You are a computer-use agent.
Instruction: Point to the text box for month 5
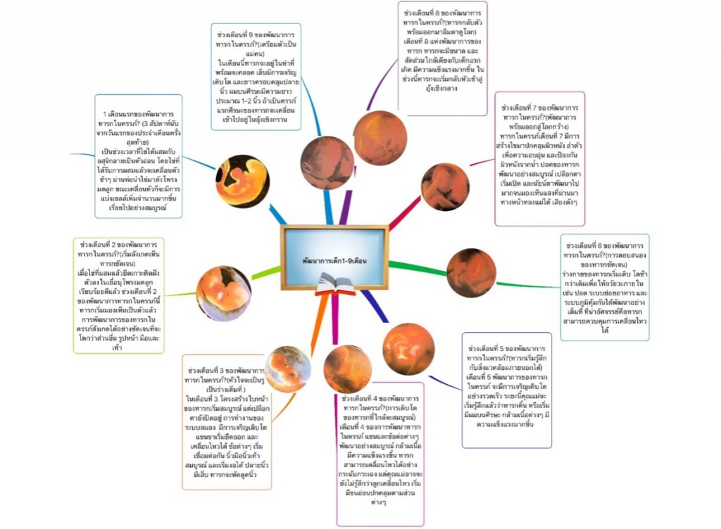pos(506,390)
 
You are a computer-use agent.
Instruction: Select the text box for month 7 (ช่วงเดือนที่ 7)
pos(539,158)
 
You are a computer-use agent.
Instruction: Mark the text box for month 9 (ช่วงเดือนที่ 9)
pos(256,77)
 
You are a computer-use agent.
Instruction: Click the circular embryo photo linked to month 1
pos(243,181)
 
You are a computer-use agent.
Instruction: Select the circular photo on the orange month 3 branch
pos(288,369)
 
